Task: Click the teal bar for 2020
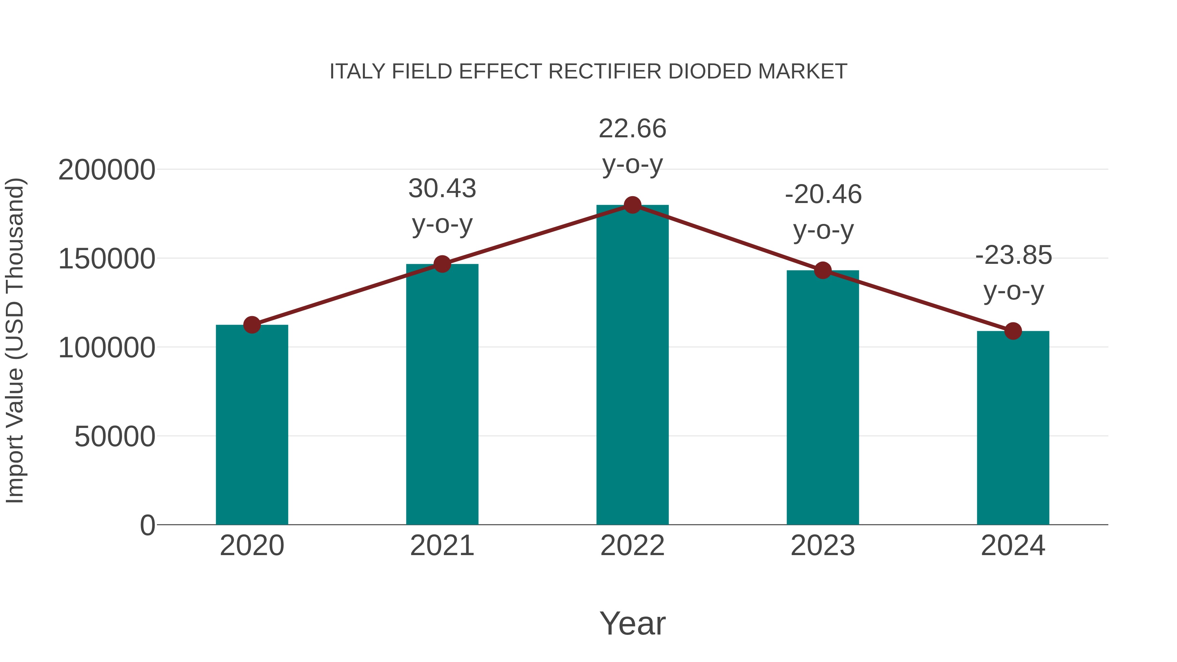(x=252, y=425)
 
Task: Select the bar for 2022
(x=632, y=365)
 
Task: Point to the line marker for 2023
(x=823, y=270)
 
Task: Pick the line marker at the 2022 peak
(x=632, y=205)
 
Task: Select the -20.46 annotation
(x=823, y=195)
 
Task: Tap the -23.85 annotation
(x=1014, y=255)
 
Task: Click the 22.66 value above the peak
(x=632, y=129)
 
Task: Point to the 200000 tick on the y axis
(x=107, y=170)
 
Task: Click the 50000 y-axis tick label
(x=115, y=437)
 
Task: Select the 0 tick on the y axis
(x=147, y=525)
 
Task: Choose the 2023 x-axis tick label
(x=823, y=546)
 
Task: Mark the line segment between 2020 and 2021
(x=347, y=295)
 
